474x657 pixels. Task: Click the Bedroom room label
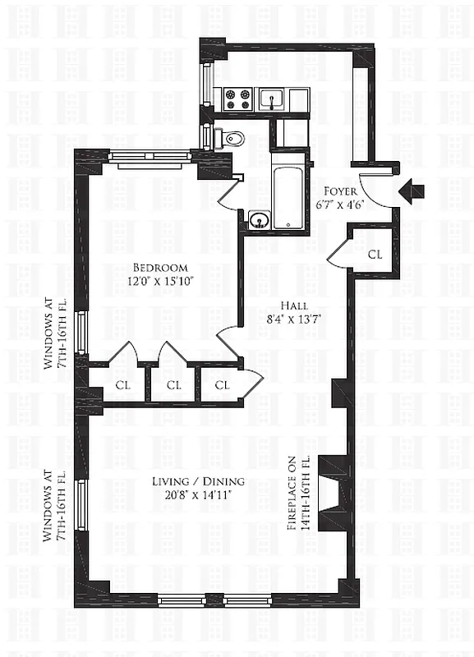160,268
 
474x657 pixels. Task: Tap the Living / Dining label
198,481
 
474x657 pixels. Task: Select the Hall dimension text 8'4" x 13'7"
294,319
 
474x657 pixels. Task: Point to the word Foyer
341,191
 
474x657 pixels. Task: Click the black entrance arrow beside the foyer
412,191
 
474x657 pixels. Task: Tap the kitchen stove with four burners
238,99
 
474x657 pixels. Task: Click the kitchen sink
272,99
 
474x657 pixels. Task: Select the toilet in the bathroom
230,138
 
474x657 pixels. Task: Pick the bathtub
288,191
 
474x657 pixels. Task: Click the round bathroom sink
258,219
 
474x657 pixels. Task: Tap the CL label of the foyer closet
375,254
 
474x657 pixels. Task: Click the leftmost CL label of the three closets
123,384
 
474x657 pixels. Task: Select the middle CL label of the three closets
173,384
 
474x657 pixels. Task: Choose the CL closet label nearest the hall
223,384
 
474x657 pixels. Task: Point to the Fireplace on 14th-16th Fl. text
298,494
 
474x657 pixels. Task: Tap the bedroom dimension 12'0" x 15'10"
160,281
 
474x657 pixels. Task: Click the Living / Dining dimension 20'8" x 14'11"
198,495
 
